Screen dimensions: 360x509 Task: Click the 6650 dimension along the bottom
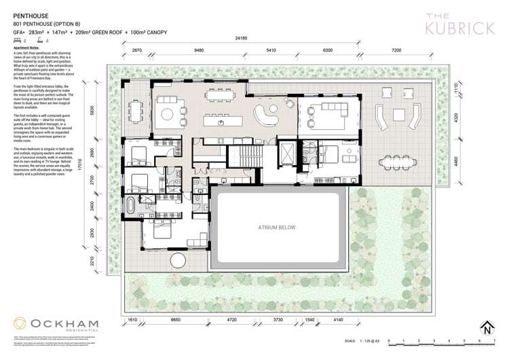175,319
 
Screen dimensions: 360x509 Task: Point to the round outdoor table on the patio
180,261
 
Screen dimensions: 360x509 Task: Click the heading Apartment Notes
26,50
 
